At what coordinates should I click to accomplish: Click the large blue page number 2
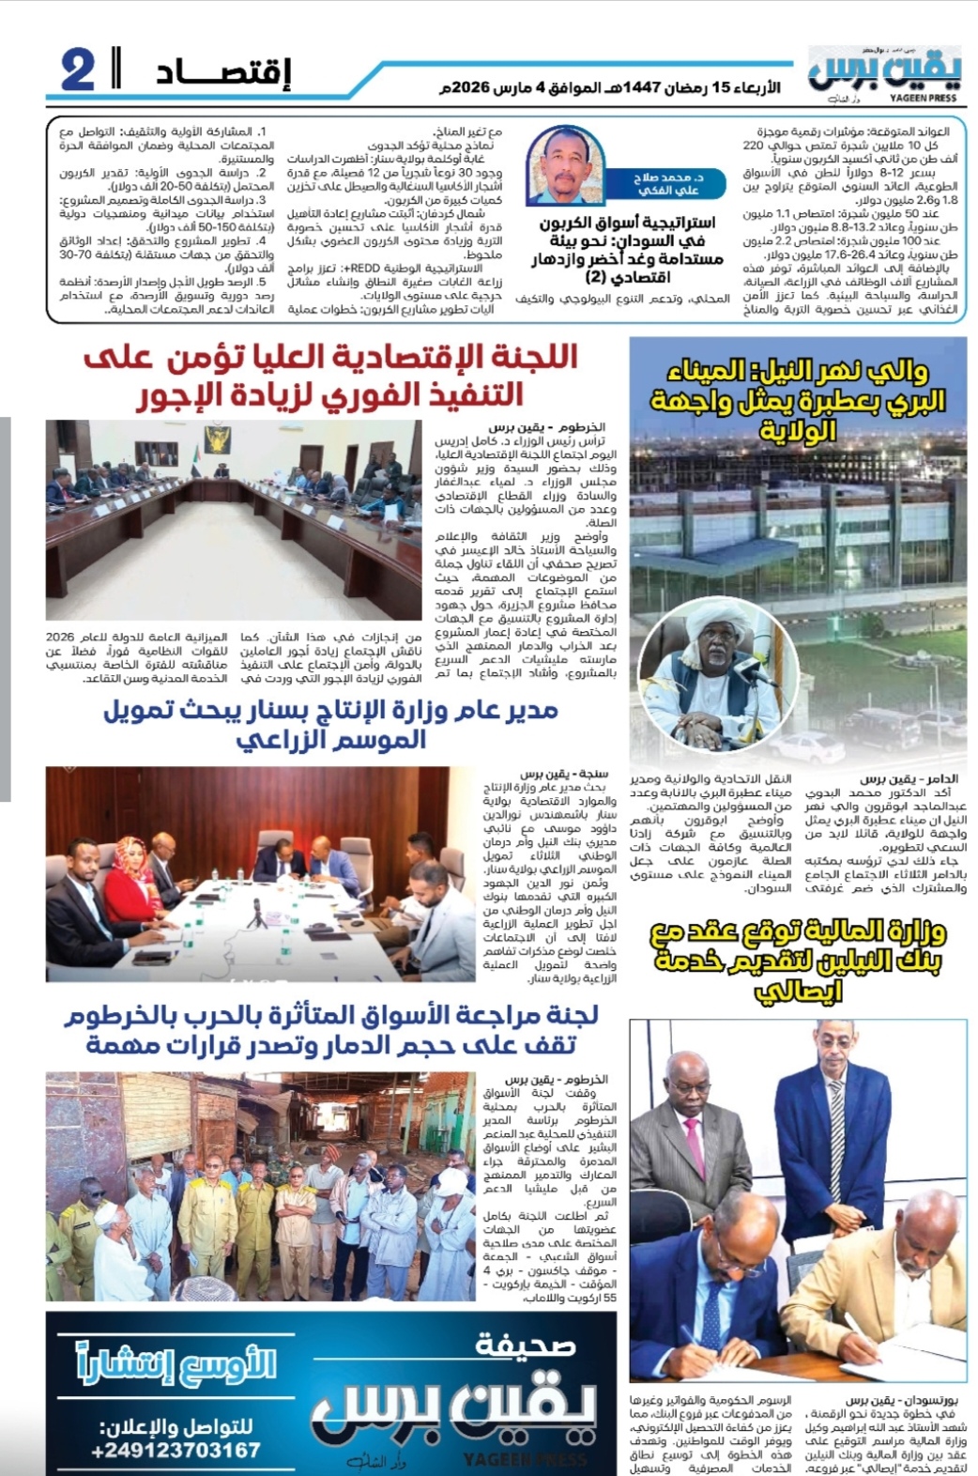79,70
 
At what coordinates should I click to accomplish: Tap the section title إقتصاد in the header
223,72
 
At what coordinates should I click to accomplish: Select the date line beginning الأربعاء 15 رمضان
609,88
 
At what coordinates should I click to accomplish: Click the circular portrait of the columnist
566,166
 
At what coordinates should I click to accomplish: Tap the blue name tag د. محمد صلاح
667,183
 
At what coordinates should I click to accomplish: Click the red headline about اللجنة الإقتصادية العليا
329,376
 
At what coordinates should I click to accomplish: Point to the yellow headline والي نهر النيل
798,400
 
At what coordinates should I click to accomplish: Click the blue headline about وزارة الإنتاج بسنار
330,724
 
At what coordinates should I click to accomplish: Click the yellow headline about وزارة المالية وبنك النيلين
798,960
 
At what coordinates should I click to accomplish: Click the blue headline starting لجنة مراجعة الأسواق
330,1029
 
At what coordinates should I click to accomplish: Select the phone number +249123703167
176,1451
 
